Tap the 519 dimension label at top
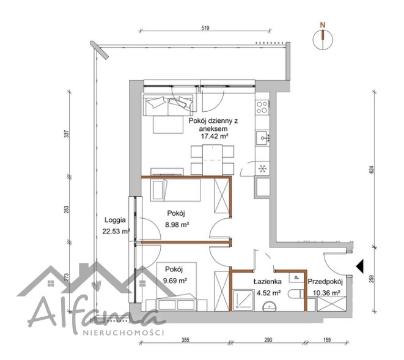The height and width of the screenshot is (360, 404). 205,28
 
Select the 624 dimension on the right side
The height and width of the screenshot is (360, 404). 371,169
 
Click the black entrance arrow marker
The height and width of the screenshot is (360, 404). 360,266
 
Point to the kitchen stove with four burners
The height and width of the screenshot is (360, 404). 262,107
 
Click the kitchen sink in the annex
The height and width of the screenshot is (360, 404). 263,138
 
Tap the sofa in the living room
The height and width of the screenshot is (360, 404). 168,105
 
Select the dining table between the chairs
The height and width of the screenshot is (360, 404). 212,160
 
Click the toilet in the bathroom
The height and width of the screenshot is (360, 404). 296,294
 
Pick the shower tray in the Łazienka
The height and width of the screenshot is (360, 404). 243,300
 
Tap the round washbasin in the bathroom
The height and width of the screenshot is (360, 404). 270,307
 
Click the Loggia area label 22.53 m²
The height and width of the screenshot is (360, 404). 116,231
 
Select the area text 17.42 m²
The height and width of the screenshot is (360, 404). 215,136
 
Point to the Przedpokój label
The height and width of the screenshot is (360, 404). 325,282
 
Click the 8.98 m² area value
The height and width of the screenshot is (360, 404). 177,224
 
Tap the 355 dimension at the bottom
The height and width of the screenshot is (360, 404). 185,340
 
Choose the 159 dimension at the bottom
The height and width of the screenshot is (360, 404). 326,340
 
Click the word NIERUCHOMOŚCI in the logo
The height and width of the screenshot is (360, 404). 123,332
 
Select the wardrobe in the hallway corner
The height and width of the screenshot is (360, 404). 331,304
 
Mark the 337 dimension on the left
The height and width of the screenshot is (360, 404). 67,134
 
